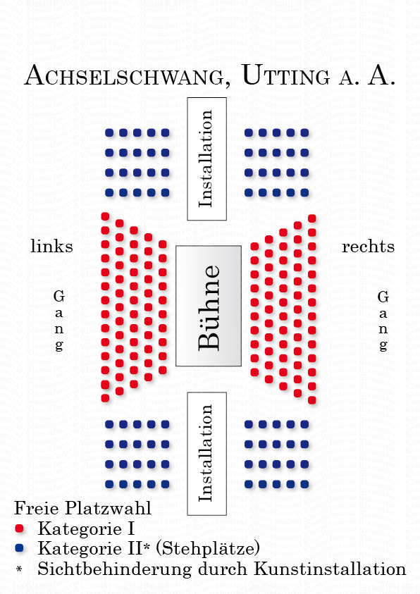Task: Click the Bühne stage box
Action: pyautogui.click(x=209, y=306)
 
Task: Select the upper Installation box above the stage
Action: pyautogui.click(x=206, y=159)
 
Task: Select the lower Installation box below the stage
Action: pyautogui.click(x=206, y=454)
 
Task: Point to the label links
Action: pyautogui.click(x=51, y=246)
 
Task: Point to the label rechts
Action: pyautogui.click(x=368, y=247)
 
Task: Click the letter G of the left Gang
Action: pyautogui.click(x=59, y=296)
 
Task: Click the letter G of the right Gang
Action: pyautogui.click(x=383, y=297)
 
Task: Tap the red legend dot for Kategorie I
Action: pyautogui.click(x=19, y=528)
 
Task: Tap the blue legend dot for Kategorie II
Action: pyautogui.click(x=19, y=547)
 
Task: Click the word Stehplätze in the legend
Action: pyautogui.click(x=208, y=548)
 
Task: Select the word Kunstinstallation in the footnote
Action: pyautogui.click(x=330, y=569)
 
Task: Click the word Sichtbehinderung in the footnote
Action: pyautogui.click(x=115, y=569)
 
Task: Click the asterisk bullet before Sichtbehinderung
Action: pyautogui.click(x=19, y=569)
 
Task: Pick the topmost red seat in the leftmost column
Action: pyautogui.click(x=105, y=216)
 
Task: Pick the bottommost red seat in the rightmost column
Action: pyautogui.click(x=312, y=400)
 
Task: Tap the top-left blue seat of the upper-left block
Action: pyautogui.click(x=109, y=132)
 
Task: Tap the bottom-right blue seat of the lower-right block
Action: pyautogui.click(x=304, y=484)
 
